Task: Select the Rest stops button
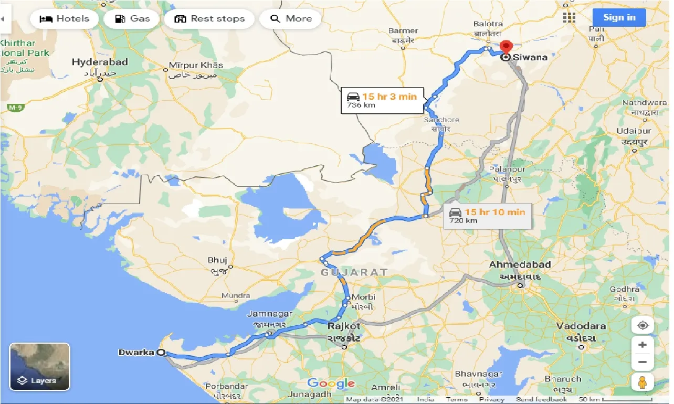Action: (209, 19)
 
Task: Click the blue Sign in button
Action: (619, 17)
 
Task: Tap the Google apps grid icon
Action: (569, 17)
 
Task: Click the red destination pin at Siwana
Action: (506, 47)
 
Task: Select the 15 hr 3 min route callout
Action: (382, 100)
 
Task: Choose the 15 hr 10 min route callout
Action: (488, 216)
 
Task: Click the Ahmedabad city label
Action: (520, 264)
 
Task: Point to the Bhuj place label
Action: (217, 260)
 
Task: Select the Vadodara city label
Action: (581, 326)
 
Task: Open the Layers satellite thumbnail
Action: (39, 366)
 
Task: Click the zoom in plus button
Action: (642, 345)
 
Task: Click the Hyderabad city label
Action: (100, 62)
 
